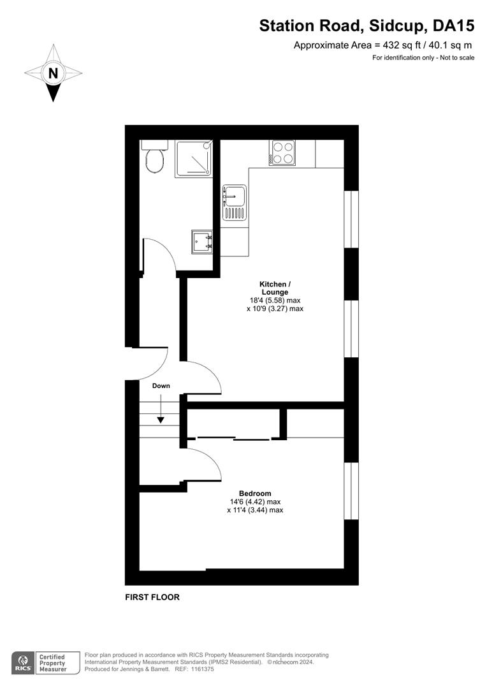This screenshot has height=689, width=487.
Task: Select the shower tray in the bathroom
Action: tap(194, 159)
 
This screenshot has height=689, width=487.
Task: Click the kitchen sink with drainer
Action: tap(235, 202)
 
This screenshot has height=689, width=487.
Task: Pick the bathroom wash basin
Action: tap(202, 242)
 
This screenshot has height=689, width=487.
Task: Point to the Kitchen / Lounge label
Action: tap(275, 288)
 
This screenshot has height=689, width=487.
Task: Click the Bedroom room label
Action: tap(255, 493)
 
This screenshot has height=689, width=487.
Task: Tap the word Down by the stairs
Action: tap(161, 386)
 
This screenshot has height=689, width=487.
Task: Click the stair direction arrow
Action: tap(161, 409)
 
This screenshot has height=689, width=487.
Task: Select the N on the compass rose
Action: tap(53, 73)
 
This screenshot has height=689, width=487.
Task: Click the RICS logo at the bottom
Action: tap(23, 663)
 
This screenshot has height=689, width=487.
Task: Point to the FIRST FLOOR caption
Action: tap(152, 597)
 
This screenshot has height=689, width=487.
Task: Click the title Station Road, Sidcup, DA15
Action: tap(367, 26)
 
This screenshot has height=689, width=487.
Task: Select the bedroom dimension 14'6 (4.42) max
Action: tap(255, 502)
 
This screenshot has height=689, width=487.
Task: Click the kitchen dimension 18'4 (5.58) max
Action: tap(275, 300)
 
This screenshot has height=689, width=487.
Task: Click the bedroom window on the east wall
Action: tap(351, 491)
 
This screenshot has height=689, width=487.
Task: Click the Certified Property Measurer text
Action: tap(53, 663)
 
